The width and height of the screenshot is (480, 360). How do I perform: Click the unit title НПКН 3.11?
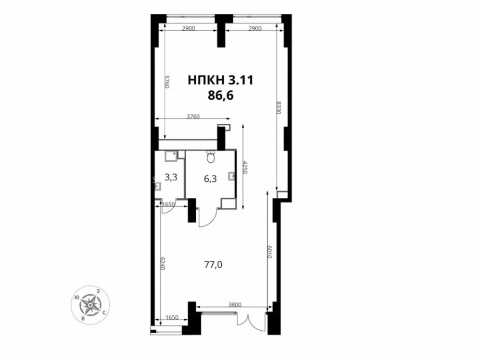point(220,80)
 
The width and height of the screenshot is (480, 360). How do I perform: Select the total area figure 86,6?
point(221,96)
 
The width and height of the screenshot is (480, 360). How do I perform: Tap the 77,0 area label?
point(213,264)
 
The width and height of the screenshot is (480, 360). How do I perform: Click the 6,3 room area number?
point(210,179)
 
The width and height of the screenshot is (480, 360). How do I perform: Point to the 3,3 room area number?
point(171,177)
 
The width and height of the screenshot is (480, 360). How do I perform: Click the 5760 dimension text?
point(167,82)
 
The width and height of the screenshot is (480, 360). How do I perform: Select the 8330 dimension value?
point(278,108)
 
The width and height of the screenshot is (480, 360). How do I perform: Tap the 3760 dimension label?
point(193,116)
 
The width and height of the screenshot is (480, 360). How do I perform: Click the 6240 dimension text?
point(163,263)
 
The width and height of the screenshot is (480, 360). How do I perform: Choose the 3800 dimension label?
point(235,305)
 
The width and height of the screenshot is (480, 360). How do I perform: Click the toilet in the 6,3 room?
point(211,157)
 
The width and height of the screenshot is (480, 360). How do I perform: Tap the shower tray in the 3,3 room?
point(169,156)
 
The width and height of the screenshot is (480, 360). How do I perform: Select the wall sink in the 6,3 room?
point(232,176)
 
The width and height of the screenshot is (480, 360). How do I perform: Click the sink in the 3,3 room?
point(158,186)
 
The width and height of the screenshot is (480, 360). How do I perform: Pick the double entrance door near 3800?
point(250,322)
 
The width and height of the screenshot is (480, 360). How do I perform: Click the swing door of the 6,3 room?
point(207,217)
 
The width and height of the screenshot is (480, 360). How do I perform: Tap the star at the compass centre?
point(91,304)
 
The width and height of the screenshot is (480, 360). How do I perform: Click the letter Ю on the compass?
point(76,297)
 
